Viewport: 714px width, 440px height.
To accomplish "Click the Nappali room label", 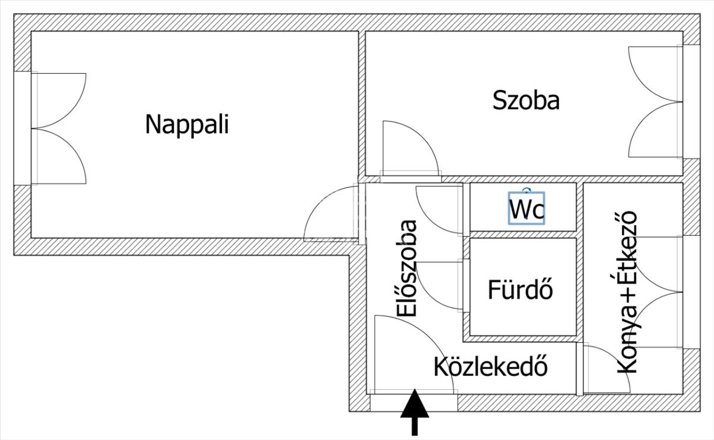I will (x=187, y=125).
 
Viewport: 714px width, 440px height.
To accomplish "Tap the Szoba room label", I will (x=526, y=100).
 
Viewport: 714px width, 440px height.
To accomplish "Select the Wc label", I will (x=527, y=210).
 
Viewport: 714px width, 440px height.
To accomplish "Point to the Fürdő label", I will (x=521, y=290).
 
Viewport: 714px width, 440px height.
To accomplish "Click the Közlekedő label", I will (x=490, y=366).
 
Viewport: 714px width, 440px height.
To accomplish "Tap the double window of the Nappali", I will (x=59, y=129).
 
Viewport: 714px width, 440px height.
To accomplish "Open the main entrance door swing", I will (x=411, y=355).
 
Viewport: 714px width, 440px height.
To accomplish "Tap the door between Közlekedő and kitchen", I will (x=604, y=369).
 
